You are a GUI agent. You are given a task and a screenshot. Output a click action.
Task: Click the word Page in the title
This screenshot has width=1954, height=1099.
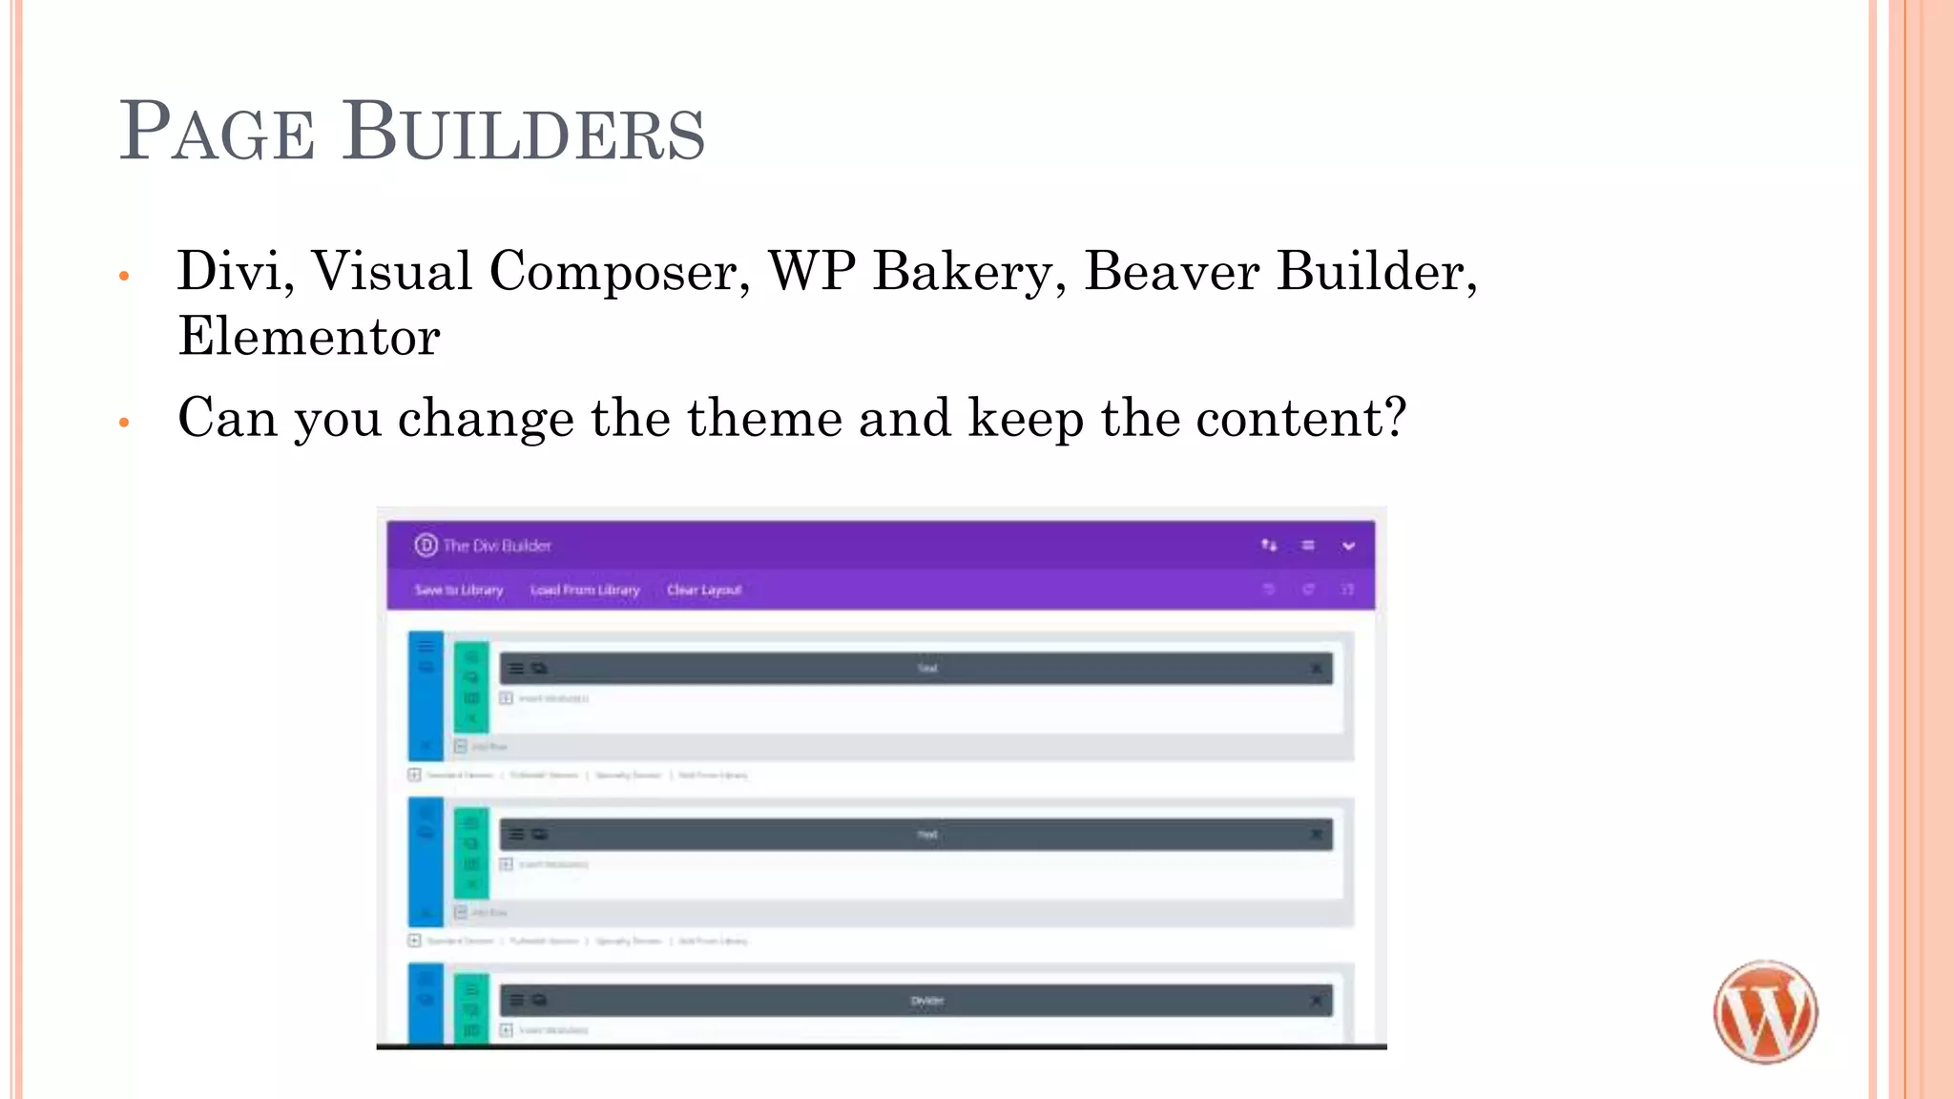tap(217, 133)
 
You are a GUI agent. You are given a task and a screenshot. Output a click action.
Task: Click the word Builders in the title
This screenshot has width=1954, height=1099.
tap(524, 133)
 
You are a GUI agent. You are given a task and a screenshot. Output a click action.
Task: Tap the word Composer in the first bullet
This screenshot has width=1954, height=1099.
tap(619, 273)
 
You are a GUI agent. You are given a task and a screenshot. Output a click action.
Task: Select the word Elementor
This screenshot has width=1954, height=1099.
tap(309, 337)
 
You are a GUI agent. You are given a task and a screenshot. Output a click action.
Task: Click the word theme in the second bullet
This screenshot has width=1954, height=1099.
tap(764, 418)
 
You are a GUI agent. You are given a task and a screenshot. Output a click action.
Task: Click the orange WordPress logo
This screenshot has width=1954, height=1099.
tap(1765, 1011)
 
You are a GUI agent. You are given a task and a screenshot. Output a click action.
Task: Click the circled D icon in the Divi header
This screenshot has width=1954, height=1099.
tap(426, 545)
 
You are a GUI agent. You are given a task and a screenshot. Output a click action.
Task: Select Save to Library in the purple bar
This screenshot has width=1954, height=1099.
tap(459, 591)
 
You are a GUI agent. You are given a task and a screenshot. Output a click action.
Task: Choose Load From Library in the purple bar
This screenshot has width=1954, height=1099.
tap(585, 591)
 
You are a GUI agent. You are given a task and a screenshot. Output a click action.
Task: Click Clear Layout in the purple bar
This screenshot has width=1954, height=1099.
tap(704, 591)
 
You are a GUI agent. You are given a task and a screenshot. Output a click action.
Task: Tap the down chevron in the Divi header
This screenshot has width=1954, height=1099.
tap(1348, 546)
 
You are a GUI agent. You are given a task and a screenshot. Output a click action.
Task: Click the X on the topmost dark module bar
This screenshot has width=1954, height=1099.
tap(1316, 669)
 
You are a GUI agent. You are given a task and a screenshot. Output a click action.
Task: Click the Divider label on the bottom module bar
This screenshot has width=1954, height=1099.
tap(926, 1001)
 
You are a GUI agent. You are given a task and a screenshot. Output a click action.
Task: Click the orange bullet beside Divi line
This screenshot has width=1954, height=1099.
tap(123, 277)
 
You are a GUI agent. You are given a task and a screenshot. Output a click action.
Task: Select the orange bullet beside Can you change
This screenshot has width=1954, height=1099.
tap(123, 422)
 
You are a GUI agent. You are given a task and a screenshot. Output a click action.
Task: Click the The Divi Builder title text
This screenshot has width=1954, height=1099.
tap(497, 546)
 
